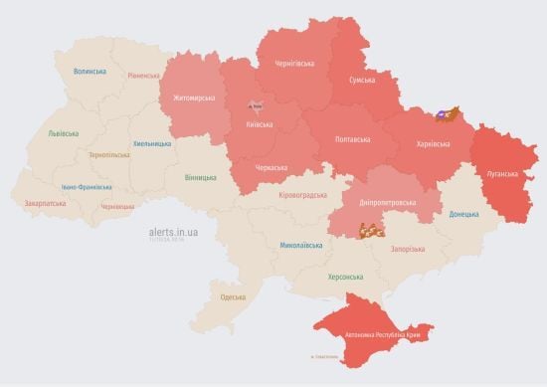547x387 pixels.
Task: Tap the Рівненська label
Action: click(143, 76)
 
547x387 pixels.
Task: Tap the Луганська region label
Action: click(505, 170)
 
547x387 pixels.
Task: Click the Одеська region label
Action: click(233, 297)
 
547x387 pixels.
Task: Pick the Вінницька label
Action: click(200, 177)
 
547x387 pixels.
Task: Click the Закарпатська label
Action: click(46, 204)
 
